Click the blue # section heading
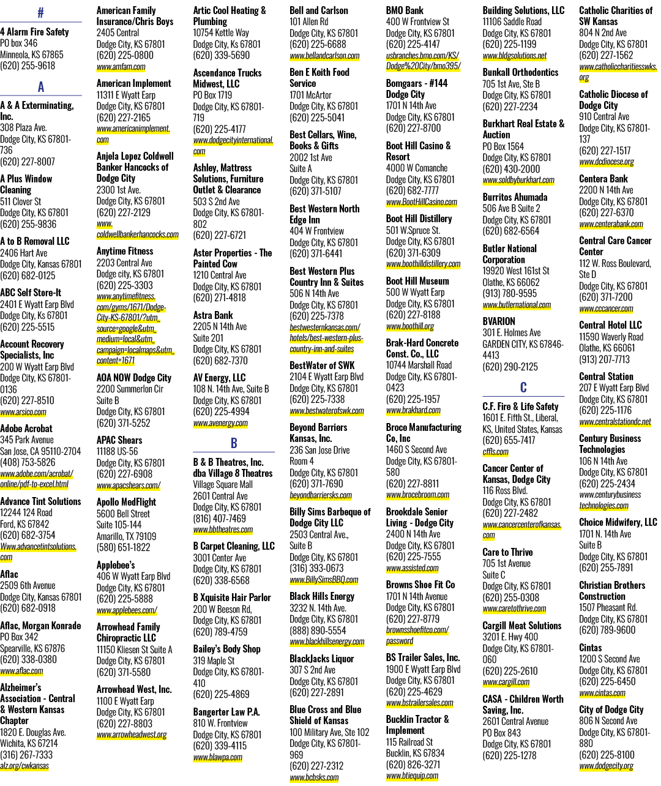coord(40,13)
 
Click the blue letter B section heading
coord(234,443)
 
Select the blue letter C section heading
coord(523,387)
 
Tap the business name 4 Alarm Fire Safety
coord(35,32)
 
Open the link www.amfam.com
coord(121,67)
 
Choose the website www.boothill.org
coord(410,326)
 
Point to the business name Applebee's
coord(116,565)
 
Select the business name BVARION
coord(499,321)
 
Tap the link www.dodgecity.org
coord(606,765)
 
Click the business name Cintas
coord(590,648)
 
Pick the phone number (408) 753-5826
coord(28,462)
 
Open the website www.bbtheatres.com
coord(223,530)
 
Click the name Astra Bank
coord(212,315)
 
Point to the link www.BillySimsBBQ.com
coord(324,579)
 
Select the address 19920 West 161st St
coord(516,271)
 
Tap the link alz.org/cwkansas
coord(24,765)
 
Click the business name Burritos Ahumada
coord(515,197)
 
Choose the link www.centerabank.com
coord(611,224)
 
